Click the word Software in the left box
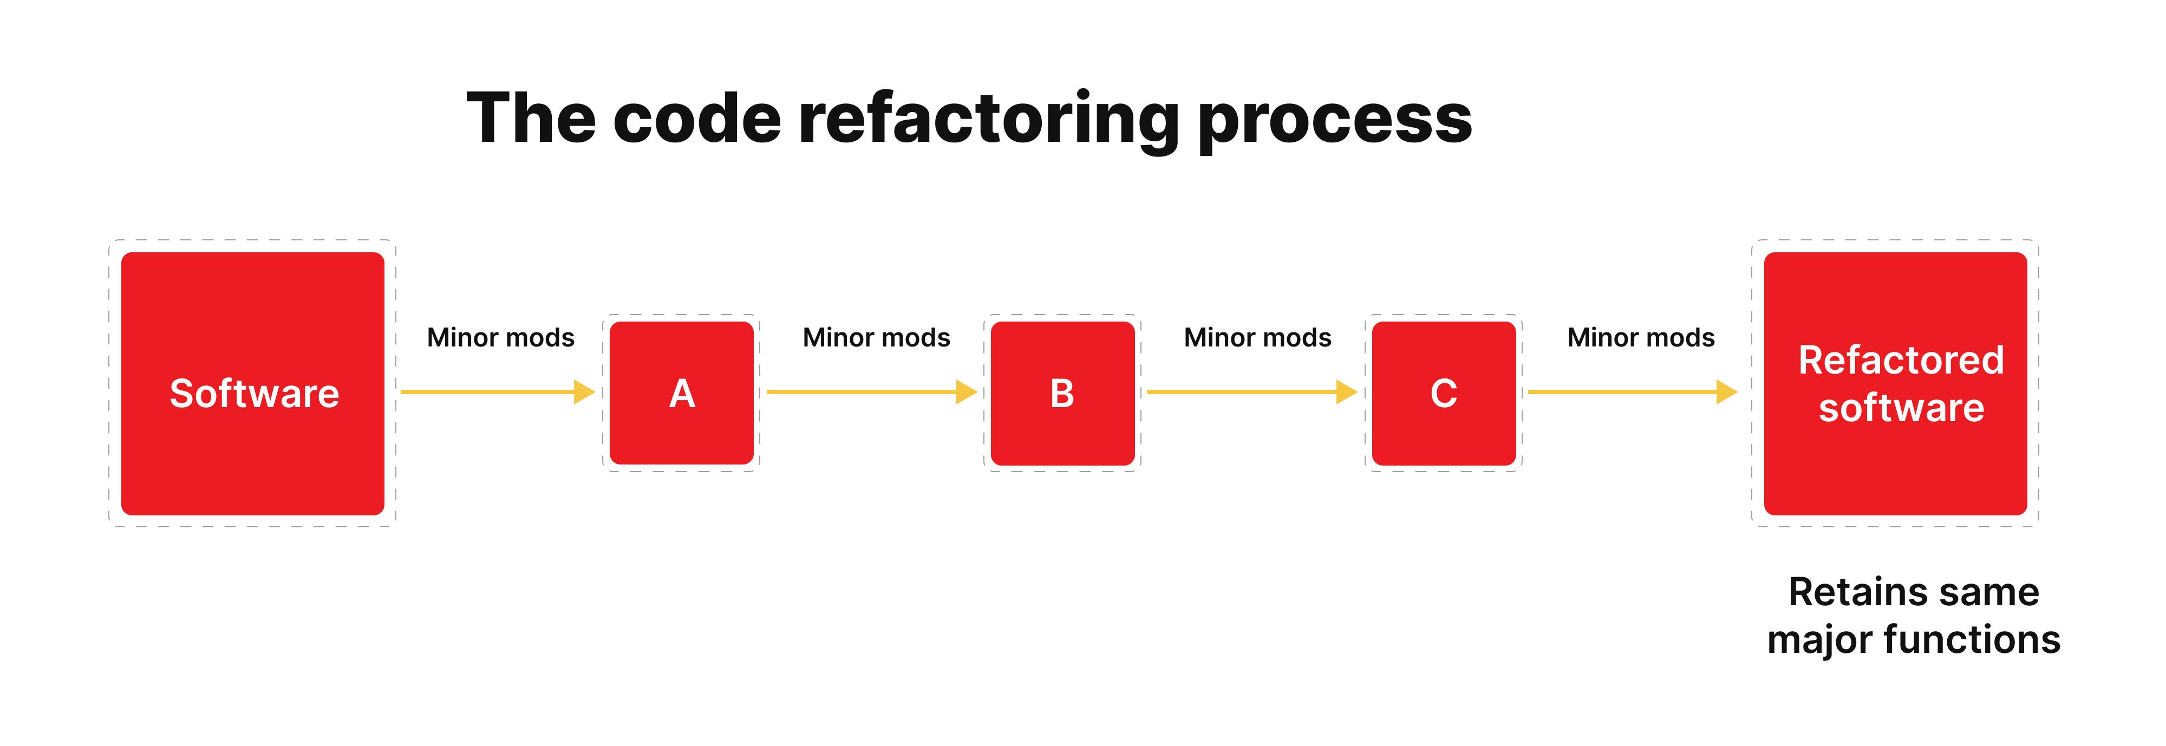coord(254,394)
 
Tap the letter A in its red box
coord(682,394)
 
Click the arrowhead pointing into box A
coord(584,392)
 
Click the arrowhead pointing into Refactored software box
coord(1726,392)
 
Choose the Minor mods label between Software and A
coord(500,337)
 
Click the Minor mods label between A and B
coord(876,337)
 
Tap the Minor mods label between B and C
coord(1257,337)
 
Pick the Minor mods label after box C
coord(1641,337)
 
